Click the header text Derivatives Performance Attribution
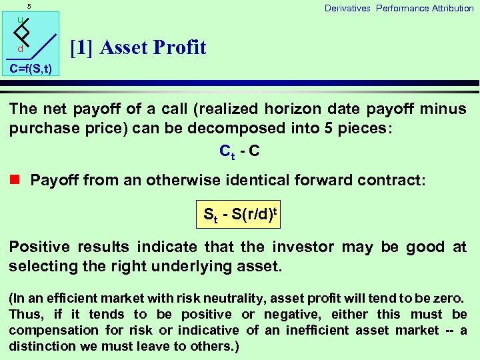point(399,8)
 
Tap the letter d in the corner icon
point(21,49)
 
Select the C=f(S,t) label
point(30,69)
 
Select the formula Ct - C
point(239,152)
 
